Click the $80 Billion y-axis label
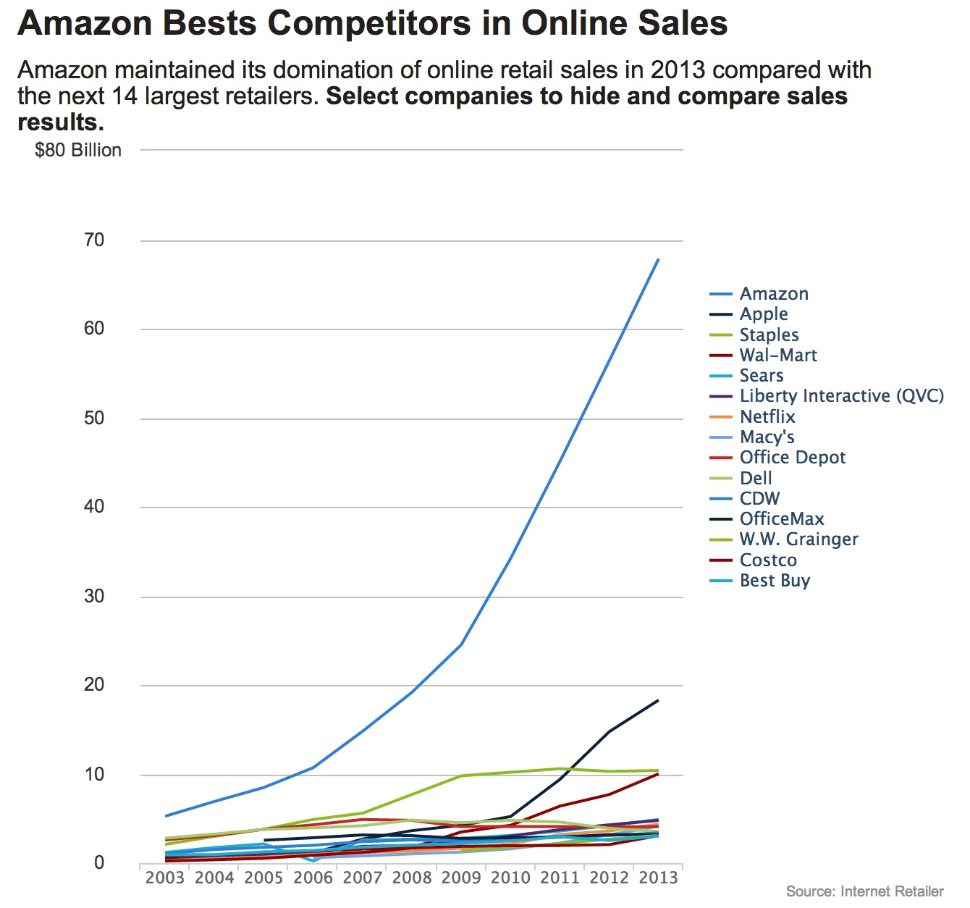(x=78, y=151)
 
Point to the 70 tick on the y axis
(x=94, y=240)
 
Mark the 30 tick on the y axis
(x=94, y=597)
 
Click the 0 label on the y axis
(x=99, y=863)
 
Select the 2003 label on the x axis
(x=165, y=878)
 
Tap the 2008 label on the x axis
(x=412, y=878)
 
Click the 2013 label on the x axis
(x=658, y=878)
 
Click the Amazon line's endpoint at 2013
(x=658, y=258)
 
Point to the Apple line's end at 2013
(x=658, y=700)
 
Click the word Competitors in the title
(x=389, y=24)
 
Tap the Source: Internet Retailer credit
(x=864, y=891)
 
